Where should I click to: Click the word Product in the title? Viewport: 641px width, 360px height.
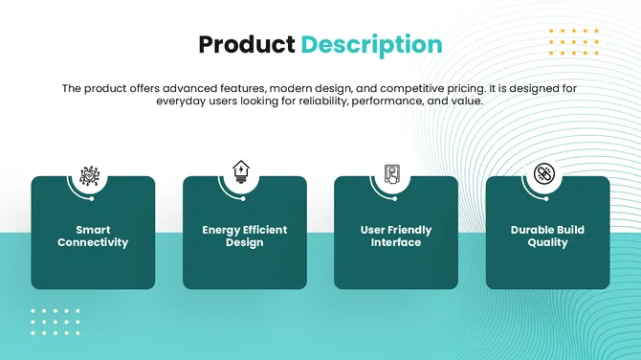[247, 44]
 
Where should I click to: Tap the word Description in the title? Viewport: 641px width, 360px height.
[372, 45]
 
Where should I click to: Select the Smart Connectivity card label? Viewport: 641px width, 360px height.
[93, 236]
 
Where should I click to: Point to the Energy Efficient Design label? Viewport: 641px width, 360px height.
[244, 236]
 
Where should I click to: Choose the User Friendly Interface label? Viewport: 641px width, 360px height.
[396, 236]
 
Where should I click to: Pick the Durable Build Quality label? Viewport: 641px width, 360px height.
[547, 236]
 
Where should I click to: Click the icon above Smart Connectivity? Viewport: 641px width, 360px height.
[90, 175]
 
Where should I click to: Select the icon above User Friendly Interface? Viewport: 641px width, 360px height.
[392, 175]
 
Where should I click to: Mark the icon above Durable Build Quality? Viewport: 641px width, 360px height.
[543, 174]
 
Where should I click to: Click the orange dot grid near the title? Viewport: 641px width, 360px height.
[573, 43]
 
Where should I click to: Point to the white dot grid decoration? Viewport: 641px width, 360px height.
[55, 322]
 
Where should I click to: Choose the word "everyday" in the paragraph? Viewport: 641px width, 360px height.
[184, 101]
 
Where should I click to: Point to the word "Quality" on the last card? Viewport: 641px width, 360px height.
[547, 243]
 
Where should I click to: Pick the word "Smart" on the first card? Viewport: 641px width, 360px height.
[93, 230]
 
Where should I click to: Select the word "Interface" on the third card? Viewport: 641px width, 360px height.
[396, 243]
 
